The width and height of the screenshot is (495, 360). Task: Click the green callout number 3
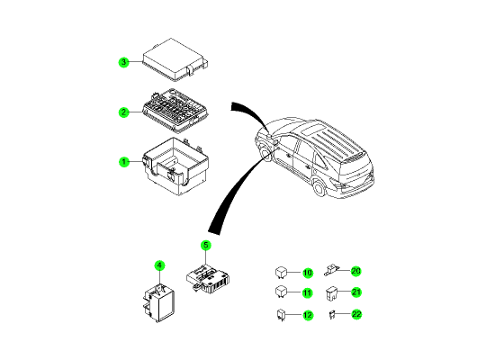pyautogui.click(x=124, y=62)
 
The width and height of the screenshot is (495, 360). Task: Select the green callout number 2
pyautogui.click(x=124, y=112)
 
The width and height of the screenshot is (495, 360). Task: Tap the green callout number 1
pyautogui.click(x=124, y=162)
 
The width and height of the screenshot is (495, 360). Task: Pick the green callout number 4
pyautogui.click(x=159, y=265)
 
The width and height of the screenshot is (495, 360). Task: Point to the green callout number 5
pyautogui.click(x=206, y=246)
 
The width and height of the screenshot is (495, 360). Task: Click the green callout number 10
pyautogui.click(x=308, y=273)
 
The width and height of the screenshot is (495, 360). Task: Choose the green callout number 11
pyautogui.click(x=308, y=293)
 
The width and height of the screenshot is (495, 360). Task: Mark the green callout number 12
pyautogui.click(x=308, y=315)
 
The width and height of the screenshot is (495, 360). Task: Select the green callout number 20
pyautogui.click(x=356, y=271)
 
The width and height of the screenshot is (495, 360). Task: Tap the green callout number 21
pyautogui.click(x=356, y=292)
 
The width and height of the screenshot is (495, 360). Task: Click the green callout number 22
pyautogui.click(x=356, y=314)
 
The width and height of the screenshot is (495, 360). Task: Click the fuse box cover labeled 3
pyautogui.click(x=175, y=59)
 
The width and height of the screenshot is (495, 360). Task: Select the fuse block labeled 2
pyautogui.click(x=175, y=110)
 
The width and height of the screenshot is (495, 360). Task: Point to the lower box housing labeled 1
pyautogui.click(x=176, y=166)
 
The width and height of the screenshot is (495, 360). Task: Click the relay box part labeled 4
pyautogui.click(x=158, y=303)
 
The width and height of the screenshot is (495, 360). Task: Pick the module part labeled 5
pyautogui.click(x=207, y=278)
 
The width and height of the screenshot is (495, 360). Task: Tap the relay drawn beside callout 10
pyautogui.click(x=281, y=273)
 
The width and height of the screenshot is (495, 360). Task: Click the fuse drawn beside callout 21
pyautogui.click(x=330, y=293)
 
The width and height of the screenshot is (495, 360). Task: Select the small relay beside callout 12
pyautogui.click(x=280, y=315)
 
